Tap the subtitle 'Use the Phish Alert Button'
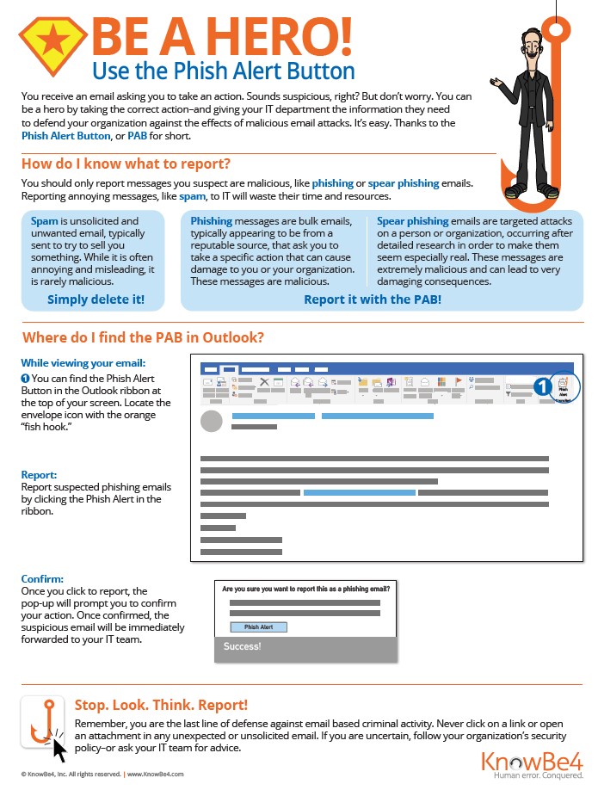click(x=223, y=69)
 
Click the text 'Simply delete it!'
click(x=96, y=299)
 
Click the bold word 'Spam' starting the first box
click(x=45, y=221)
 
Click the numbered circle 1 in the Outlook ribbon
click(x=542, y=387)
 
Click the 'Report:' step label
click(x=40, y=474)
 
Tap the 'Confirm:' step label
click(x=42, y=579)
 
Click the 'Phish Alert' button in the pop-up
click(x=258, y=627)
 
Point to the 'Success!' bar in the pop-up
click(x=305, y=647)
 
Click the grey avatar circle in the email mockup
click(x=212, y=421)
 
